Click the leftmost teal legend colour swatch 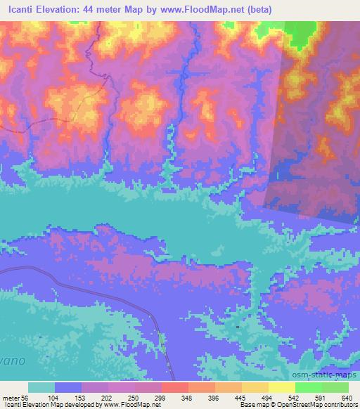tap(41, 387)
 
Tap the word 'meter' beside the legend tap(11, 397)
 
